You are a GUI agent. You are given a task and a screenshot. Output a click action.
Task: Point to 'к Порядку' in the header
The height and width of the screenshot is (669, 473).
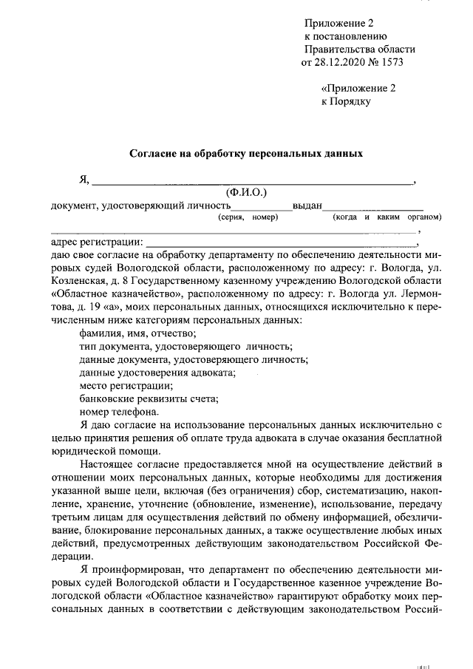tap(345, 101)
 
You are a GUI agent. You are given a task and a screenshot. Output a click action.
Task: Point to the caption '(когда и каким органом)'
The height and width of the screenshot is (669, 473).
tap(387, 217)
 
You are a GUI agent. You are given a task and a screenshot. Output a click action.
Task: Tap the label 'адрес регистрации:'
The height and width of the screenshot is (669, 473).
tap(97, 242)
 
